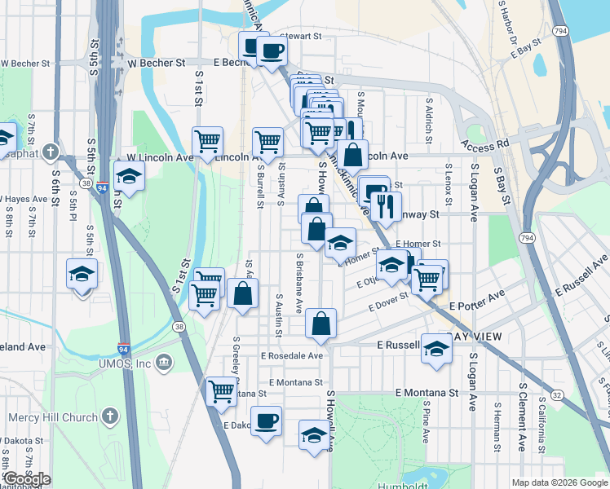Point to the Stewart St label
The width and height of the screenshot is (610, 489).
click(302, 37)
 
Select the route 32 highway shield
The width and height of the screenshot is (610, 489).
click(556, 394)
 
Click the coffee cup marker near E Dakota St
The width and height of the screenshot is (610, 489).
click(266, 421)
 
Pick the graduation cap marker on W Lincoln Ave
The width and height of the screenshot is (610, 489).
click(128, 175)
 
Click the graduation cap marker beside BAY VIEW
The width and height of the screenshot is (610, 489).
click(437, 348)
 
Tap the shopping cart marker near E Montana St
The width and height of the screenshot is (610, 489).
click(221, 390)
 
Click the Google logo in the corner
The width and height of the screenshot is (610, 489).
click(26, 479)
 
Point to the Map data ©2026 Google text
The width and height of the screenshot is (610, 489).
click(559, 482)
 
